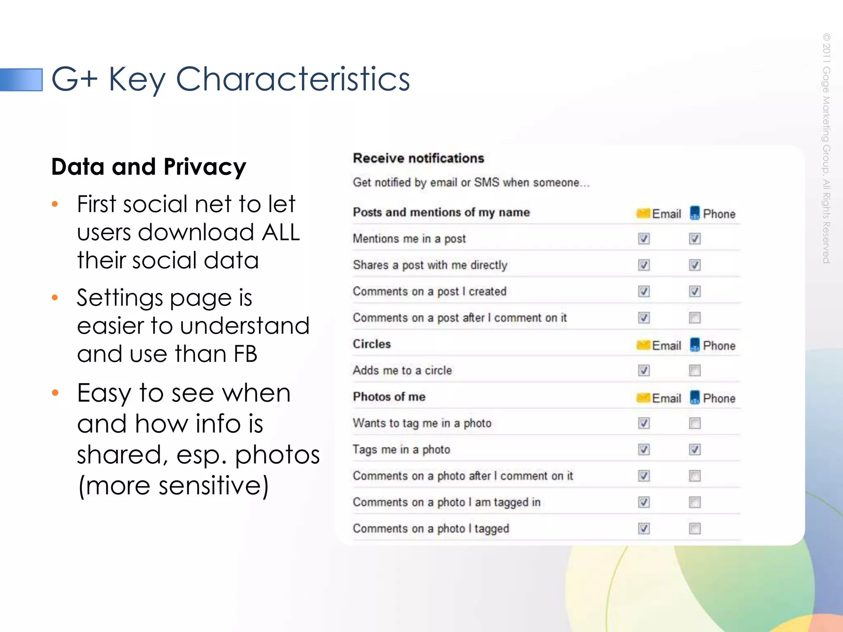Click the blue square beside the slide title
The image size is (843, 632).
pos(21,79)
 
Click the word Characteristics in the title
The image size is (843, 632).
pos(293,79)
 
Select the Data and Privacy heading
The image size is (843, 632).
pos(149,167)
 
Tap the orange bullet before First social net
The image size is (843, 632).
pos(55,204)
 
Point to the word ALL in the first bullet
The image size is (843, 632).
pos(281,232)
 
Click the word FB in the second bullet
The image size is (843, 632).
pos(245,354)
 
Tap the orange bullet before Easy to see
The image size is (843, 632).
pos(55,393)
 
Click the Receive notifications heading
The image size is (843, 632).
pos(418,158)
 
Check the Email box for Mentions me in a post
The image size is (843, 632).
pos(644,239)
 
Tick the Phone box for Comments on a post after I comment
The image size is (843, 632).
pos(695,318)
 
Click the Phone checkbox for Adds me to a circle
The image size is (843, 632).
pos(695,370)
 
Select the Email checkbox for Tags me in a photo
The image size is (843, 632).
pos(644,449)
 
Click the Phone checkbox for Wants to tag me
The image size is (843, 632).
pos(695,423)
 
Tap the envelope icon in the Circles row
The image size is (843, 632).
pos(643,345)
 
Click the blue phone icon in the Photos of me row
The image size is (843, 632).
pos(695,397)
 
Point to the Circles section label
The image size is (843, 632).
pos(372,344)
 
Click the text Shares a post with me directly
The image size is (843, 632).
pos(430,265)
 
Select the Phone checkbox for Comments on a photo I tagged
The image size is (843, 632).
pos(695,528)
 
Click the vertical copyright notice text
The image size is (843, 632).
pos(827,148)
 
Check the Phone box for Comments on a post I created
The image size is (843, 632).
pos(695,291)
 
